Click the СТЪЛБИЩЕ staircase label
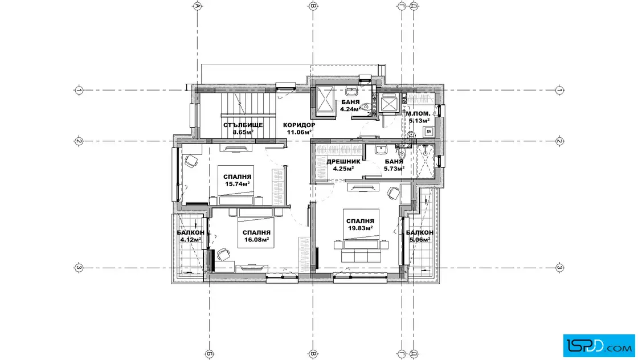click(243, 125)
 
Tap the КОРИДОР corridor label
click(299, 125)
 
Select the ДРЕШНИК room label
click(343, 162)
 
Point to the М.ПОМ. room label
click(418, 113)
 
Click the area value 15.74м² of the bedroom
click(237, 184)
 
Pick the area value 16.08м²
click(256, 240)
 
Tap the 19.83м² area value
click(361, 228)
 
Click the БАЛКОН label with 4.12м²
click(190, 232)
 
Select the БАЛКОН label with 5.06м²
click(419, 232)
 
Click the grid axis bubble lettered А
click(198, 6)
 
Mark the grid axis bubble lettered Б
click(209, 354)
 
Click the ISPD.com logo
click(599, 346)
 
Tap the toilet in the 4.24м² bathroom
click(365, 107)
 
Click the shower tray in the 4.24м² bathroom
click(325, 99)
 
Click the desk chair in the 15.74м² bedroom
click(191, 162)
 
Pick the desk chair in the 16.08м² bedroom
click(223, 254)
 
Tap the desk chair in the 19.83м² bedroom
click(393, 193)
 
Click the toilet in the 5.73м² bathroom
click(402, 154)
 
